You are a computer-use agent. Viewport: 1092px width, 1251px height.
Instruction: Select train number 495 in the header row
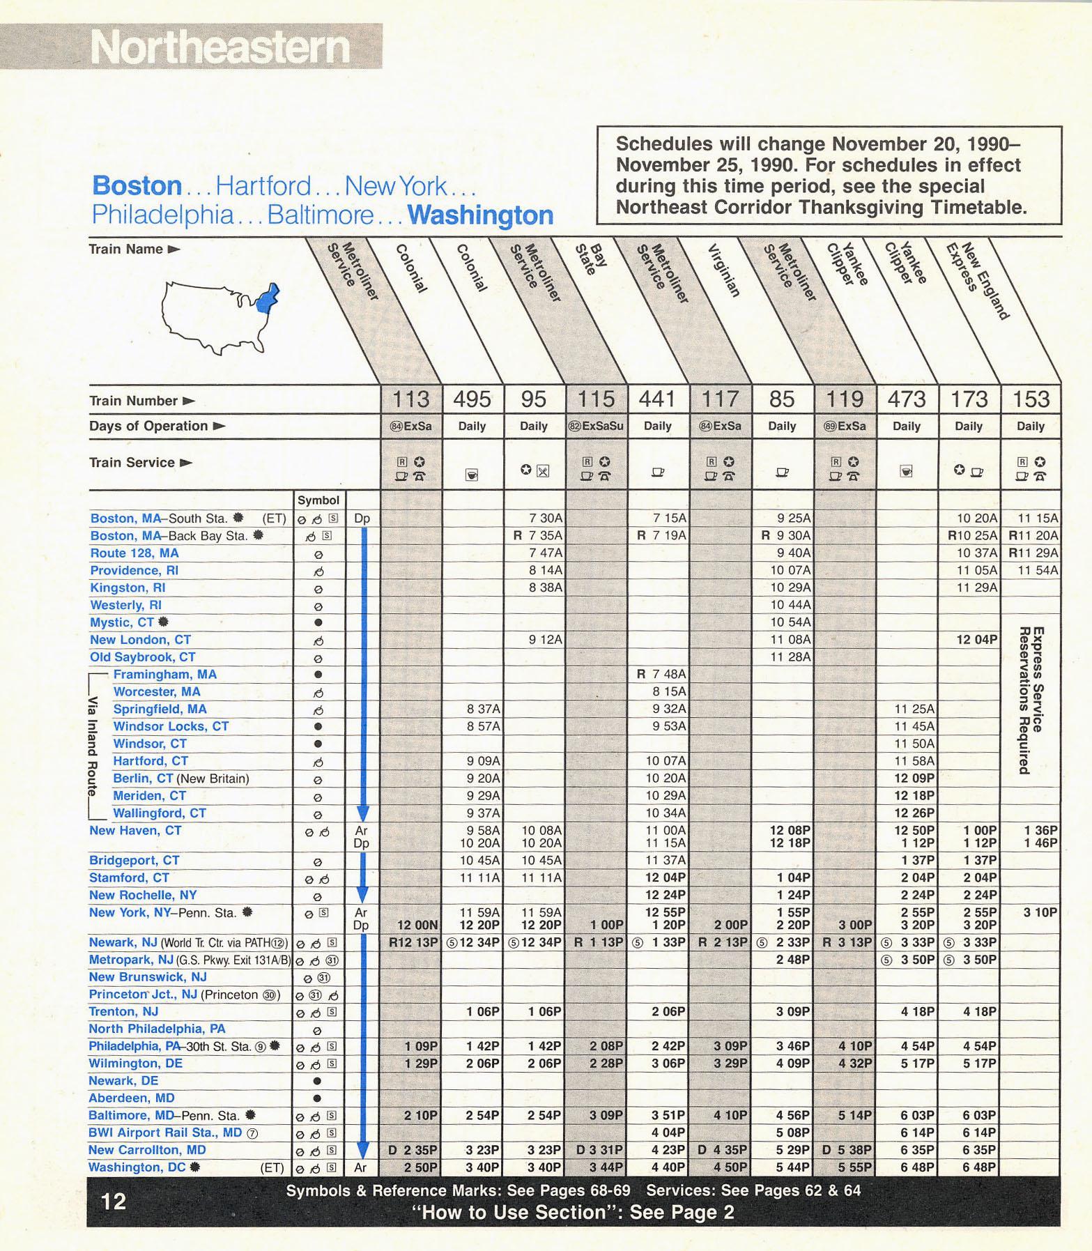click(472, 399)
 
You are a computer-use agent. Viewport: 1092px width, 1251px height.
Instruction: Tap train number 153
click(1031, 399)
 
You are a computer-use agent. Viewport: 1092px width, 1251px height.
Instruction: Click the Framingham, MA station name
click(164, 674)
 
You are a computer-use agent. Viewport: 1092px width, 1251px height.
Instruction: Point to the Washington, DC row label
click(137, 1167)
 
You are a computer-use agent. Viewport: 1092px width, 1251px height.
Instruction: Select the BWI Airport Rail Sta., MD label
click(166, 1132)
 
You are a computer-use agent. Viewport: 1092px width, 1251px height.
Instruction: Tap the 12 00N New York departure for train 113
click(417, 925)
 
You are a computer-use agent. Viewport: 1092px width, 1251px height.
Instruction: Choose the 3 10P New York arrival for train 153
click(1040, 912)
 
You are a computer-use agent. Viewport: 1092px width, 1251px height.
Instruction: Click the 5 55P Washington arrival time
click(854, 1167)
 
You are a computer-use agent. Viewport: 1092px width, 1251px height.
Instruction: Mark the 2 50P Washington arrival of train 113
click(420, 1167)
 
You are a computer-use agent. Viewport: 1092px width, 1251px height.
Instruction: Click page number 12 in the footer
click(114, 1201)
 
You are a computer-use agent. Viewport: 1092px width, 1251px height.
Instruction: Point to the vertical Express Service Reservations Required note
click(1031, 700)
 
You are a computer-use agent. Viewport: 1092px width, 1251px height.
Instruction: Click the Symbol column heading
click(318, 500)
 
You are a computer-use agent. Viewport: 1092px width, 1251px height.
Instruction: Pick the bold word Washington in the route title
click(480, 215)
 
